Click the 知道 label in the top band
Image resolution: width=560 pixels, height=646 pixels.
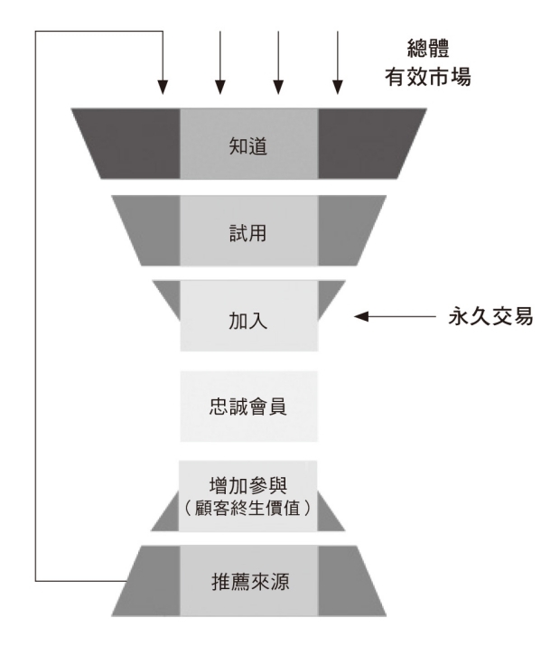point(248,145)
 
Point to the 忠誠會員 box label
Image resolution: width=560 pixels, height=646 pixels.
point(248,406)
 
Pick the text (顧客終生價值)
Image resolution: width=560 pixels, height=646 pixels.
point(248,508)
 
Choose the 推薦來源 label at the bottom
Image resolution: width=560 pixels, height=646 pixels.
point(248,578)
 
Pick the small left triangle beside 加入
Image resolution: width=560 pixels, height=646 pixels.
point(170,295)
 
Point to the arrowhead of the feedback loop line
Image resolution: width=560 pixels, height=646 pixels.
point(163,88)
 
